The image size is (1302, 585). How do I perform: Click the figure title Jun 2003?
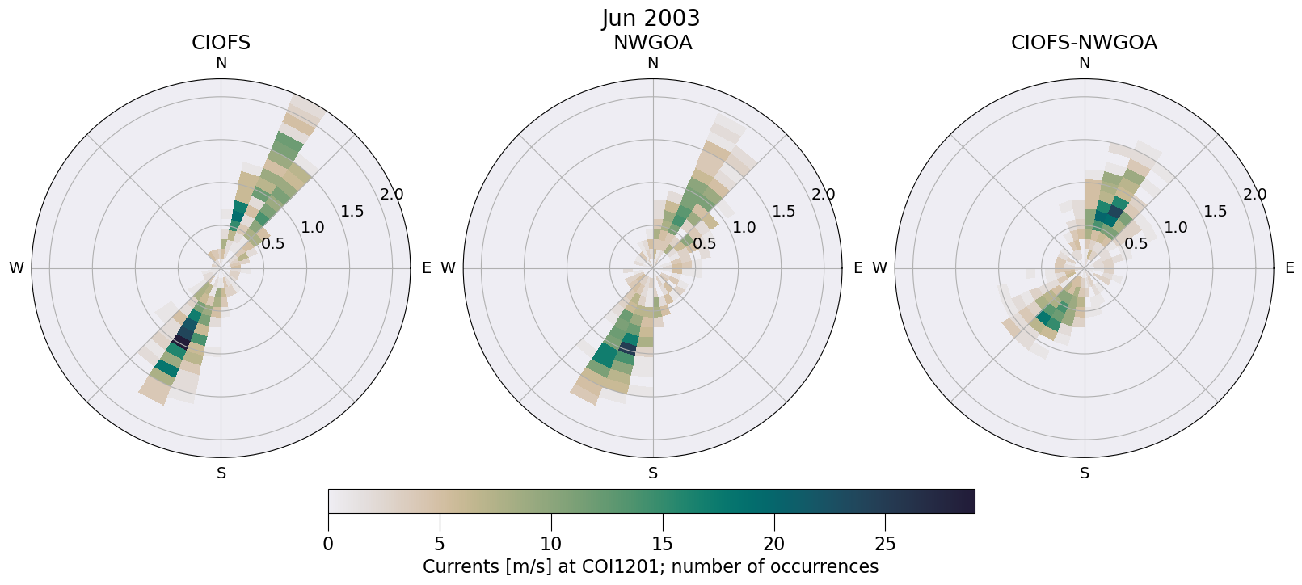(651, 18)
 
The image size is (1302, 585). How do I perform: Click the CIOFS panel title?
(221, 43)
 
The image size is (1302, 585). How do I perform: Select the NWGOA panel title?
(652, 43)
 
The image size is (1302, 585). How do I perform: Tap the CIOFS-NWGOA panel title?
(1084, 43)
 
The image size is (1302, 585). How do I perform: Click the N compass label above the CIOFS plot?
(221, 63)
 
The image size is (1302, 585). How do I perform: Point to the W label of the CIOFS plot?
(16, 268)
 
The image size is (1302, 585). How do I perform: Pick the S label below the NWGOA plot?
(652, 473)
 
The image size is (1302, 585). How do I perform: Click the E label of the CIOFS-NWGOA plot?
(1289, 268)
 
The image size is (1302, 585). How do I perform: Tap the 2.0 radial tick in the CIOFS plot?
(392, 195)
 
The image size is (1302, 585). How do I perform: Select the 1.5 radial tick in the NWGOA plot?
(783, 212)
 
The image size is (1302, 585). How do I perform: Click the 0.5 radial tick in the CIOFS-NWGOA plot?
(1136, 244)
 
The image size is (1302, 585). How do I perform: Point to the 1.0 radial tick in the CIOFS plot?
(313, 228)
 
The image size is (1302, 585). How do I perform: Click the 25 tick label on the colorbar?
(885, 544)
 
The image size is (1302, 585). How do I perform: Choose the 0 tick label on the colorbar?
(328, 544)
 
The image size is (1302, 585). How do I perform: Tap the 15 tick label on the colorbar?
(663, 544)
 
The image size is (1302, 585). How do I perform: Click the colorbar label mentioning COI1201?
(651, 566)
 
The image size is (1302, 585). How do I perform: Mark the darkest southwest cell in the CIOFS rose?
(182, 341)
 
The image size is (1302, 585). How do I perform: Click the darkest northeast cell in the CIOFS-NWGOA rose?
(1113, 215)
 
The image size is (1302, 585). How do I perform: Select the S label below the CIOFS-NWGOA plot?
(1084, 473)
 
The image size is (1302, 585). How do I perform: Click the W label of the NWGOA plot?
(448, 268)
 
